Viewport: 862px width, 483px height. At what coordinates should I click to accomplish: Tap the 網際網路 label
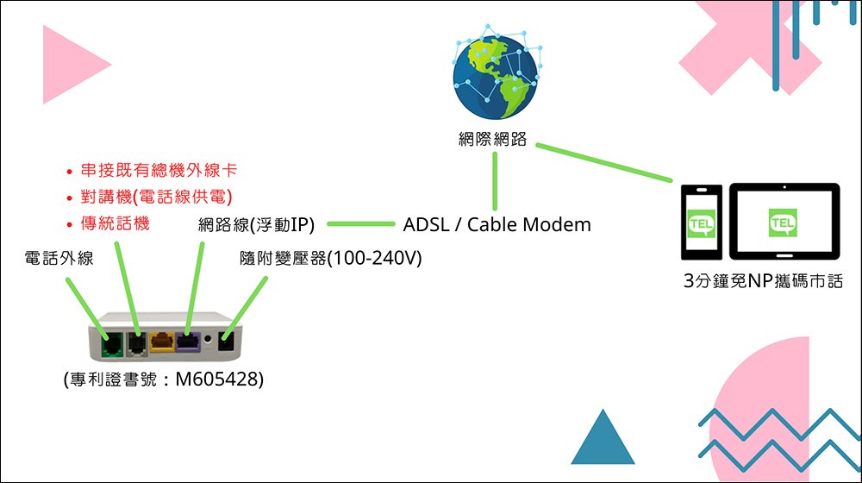point(492,140)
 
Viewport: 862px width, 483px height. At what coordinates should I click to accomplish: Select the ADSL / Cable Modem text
point(497,225)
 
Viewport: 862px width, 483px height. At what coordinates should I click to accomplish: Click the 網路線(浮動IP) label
point(256,225)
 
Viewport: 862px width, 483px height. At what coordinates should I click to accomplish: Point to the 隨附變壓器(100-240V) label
point(330,258)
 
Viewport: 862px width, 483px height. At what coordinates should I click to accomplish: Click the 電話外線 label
point(59,258)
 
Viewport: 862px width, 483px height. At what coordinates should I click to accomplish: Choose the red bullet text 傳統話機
point(115,223)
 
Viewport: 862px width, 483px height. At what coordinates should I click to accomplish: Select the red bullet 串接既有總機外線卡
point(158,172)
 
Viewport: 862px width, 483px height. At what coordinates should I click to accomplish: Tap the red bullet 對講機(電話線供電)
point(158,198)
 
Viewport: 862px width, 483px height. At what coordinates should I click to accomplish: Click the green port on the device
point(111,344)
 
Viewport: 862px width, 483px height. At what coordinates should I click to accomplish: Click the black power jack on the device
point(228,344)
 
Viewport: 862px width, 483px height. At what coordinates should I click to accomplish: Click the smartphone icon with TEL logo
point(700,222)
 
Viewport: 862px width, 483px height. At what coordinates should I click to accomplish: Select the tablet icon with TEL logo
point(784,222)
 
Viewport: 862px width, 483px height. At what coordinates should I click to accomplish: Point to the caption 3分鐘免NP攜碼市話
point(761,281)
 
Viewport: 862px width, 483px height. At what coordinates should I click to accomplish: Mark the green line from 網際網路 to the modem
point(495,179)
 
